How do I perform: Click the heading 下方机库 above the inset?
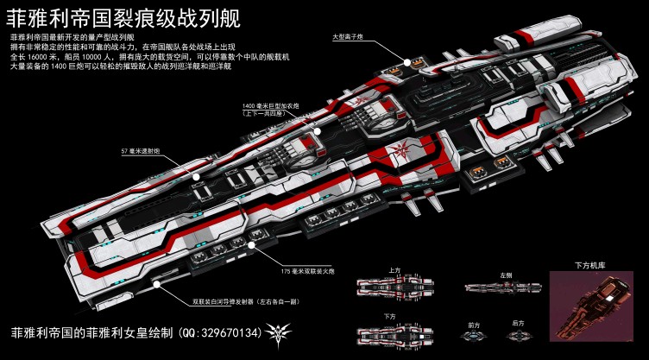click(591, 265)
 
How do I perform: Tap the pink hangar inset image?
click(591, 306)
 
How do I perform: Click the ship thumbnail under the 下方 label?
click(394, 332)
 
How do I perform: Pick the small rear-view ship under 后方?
click(518, 335)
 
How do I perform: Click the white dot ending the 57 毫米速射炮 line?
click(197, 177)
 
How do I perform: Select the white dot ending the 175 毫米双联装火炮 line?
click(251, 245)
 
